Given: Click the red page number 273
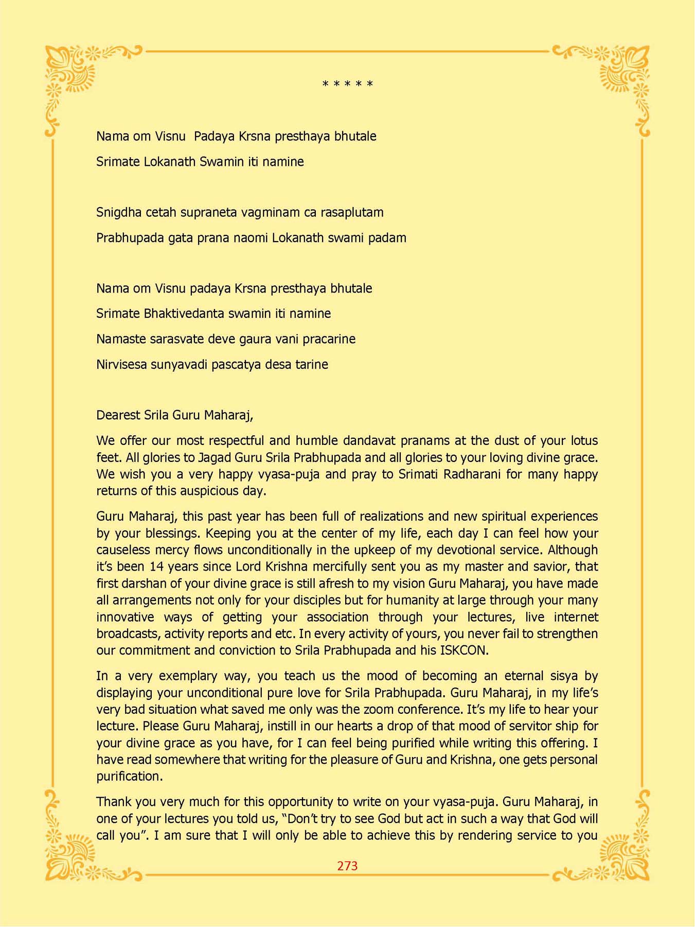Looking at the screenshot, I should (x=347, y=866).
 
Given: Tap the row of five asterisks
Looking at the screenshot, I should (x=347, y=84).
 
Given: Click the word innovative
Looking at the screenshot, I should (x=125, y=617).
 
